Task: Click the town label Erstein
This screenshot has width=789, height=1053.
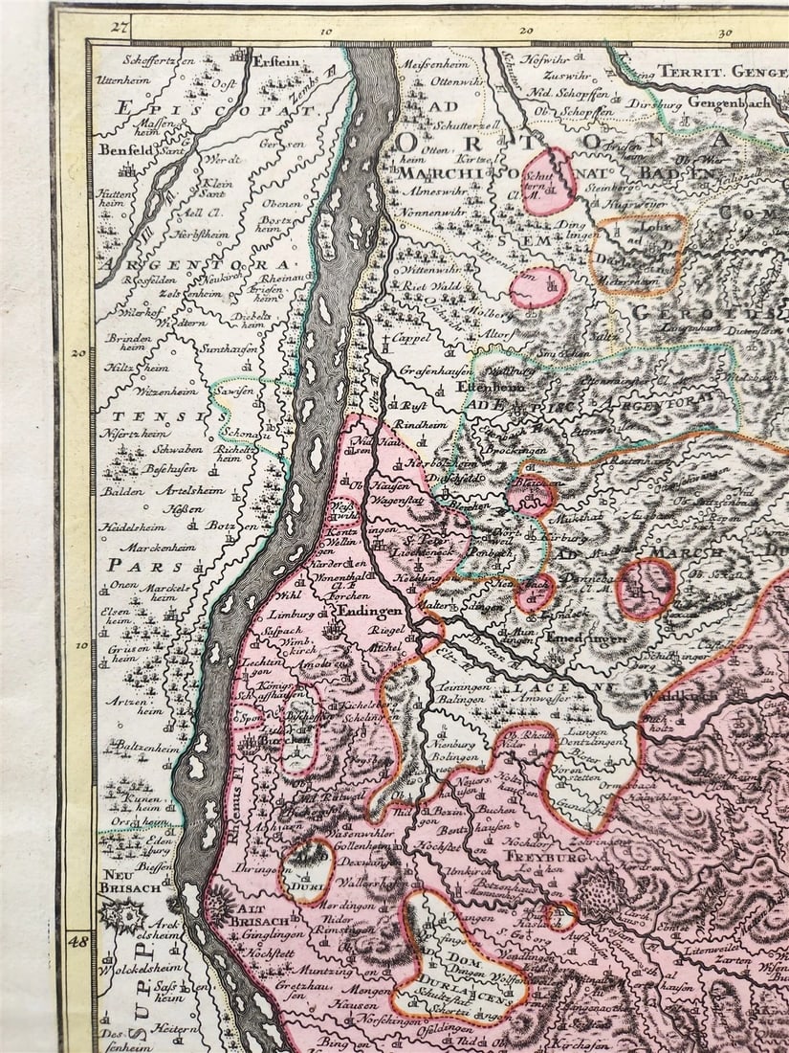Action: [277, 61]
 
